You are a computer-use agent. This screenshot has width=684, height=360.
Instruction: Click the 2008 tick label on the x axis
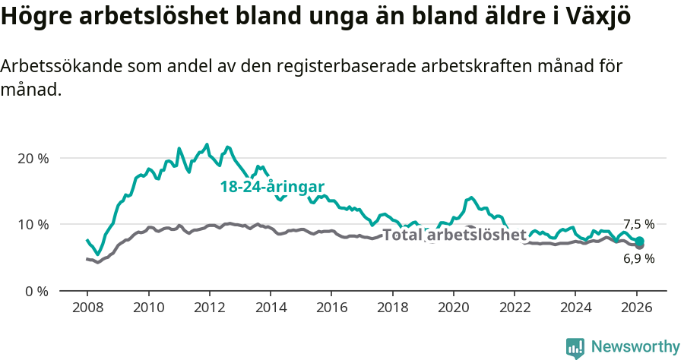pyautogui.click(x=87, y=310)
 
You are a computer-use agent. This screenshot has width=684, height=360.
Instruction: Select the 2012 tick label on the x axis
pyautogui.click(x=209, y=310)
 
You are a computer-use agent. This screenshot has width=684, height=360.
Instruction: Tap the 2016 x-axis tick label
pyautogui.click(x=331, y=310)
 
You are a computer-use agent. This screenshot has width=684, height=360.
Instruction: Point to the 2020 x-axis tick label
pyautogui.click(x=454, y=310)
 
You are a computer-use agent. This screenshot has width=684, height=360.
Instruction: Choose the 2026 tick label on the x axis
pyautogui.click(x=637, y=310)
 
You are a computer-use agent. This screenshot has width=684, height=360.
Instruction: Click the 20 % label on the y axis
pyautogui.click(x=33, y=158)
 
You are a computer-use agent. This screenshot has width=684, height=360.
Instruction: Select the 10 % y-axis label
pyautogui.click(x=33, y=224)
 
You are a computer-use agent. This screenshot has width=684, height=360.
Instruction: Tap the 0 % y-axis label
pyautogui.click(x=36, y=291)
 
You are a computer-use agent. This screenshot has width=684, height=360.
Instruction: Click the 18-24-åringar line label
pyautogui.click(x=273, y=187)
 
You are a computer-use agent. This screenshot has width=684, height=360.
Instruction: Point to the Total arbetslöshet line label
pyautogui.click(x=454, y=235)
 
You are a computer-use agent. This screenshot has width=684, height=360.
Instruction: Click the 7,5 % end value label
pyautogui.click(x=638, y=224)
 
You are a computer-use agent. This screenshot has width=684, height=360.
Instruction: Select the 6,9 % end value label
pyautogui.click(x=638, y=258)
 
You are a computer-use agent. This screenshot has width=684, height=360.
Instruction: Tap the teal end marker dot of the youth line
pyautogui.click(x=639, y=241)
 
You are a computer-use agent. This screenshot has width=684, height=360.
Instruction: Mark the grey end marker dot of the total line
pyautogui.click(x=639, y=245)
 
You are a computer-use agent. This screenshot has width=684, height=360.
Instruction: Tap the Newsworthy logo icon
pyautogui.click(x=575, y=347)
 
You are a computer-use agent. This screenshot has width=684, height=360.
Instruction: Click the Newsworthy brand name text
pyautogui.click(x=635, y=347)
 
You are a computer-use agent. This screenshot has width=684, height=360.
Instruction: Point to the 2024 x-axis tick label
pyautogui.click(x=575, y=310)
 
